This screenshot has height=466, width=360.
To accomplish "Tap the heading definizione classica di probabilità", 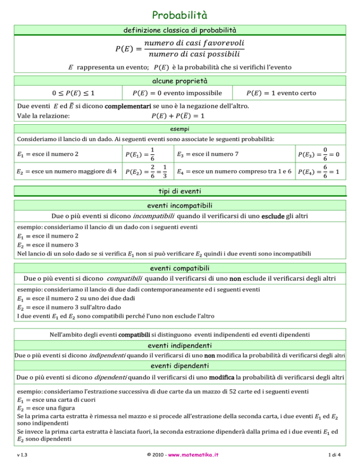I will [180, 32].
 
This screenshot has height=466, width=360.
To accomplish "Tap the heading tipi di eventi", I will [180, 192].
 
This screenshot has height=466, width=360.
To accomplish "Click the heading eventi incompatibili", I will [180, 206].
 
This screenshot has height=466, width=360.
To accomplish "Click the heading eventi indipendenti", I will [180, 346].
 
